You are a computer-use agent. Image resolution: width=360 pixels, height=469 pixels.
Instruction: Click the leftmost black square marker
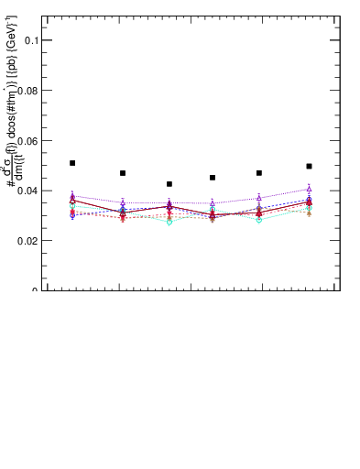[x=72, y=163]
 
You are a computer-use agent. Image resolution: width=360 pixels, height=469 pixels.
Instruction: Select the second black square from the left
[x=123, y=173]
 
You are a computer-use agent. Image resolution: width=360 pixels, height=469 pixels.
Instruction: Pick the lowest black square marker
[x=169, y=184]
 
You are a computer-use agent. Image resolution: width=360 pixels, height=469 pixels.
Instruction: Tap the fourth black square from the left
[x=213, y=178]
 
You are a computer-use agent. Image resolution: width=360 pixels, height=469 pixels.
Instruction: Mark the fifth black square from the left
[x=259, y=173]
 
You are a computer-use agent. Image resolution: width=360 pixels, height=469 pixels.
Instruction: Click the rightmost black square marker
[x=309, y=167]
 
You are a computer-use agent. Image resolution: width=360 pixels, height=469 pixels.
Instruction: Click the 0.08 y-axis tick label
[x=27, y=91]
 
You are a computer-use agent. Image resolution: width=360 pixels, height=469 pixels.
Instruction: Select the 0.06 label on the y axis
[x=27, y=141]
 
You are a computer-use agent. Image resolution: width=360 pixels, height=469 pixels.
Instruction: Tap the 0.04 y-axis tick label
[x=27, y=191]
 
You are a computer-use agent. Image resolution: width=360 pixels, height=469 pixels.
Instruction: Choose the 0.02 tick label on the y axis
[x=27, y=241]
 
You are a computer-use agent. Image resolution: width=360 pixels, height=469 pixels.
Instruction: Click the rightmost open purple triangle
[x=309, y=189]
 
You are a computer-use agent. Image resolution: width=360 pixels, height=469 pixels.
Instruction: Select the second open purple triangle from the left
[x=123, y=202]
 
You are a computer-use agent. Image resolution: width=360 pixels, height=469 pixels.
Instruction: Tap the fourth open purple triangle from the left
[x=213, y=203]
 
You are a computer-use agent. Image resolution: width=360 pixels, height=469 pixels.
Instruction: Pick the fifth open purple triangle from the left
[x=259, y=197]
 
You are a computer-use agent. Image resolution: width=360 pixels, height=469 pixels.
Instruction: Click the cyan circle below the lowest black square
[x=169, y=222]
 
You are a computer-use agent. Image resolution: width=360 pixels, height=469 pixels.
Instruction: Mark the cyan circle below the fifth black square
[x=259, y=220]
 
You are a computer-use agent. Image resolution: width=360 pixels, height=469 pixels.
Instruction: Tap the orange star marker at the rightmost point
[x=309, y=213]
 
